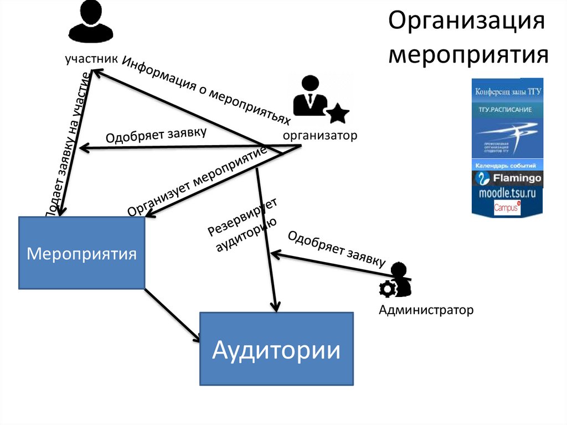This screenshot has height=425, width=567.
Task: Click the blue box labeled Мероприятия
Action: [82, 253]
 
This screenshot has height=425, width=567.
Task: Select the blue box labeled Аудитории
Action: [276, 349]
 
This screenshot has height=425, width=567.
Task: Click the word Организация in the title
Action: [467, 24]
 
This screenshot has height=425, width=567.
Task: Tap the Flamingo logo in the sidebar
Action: [507, 178]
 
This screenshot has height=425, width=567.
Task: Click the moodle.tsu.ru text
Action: [507, 194]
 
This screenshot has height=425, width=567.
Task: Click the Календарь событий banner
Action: [507, 166]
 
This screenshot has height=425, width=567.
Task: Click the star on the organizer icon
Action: [337, 114]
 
